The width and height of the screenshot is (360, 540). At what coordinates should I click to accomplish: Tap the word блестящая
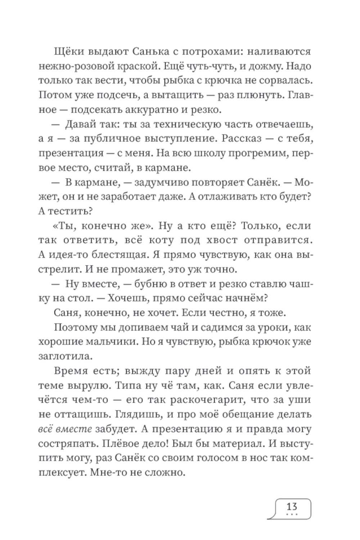coord(116,255)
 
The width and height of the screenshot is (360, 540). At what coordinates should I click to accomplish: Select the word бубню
coord(152,284)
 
